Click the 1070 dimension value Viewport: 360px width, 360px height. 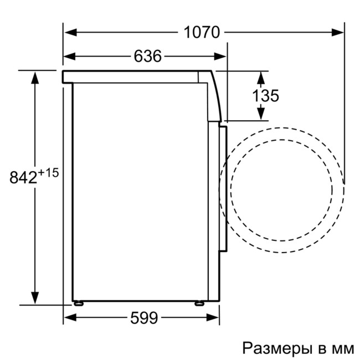(202, 32)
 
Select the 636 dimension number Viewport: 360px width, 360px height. (147, 56)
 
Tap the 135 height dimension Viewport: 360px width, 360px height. (266, 95)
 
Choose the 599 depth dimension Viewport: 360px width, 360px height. (144, 318)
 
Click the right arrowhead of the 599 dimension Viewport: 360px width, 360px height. (215, 318)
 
